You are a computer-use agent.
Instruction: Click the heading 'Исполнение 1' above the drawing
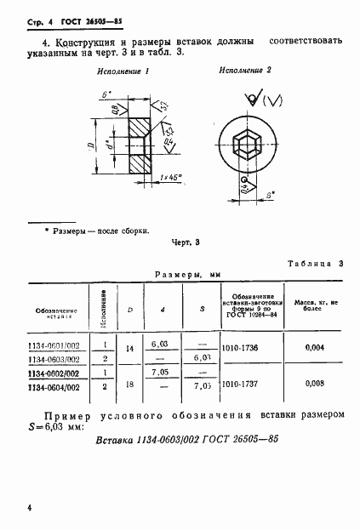coord(123,73)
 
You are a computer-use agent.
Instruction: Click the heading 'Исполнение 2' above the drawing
coord(245,70)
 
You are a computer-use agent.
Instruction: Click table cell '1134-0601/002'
coord(60,345)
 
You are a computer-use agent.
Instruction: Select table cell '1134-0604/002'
coord(60,387)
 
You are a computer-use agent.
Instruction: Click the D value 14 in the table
coord(131,350)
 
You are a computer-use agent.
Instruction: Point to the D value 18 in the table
coord(131,385)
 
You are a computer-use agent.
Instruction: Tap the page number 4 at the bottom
coord(29,509)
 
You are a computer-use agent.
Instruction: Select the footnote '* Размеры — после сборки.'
coord(95,230)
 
